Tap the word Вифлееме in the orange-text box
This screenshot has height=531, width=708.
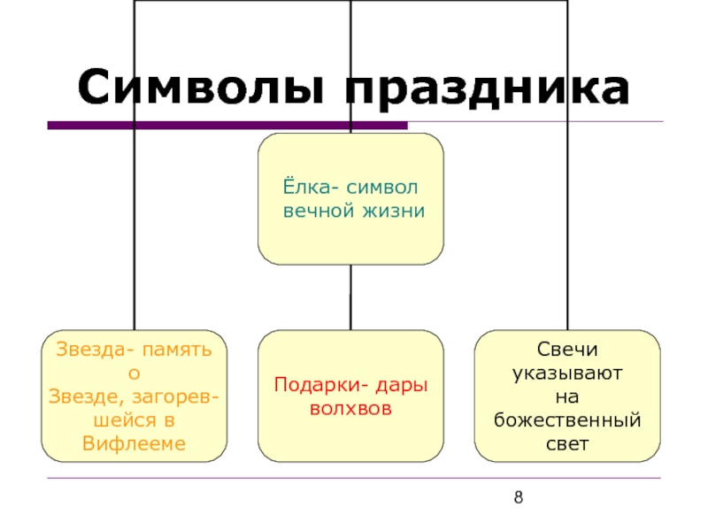(134, 442)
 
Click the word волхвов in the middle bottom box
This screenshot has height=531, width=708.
(350, 409)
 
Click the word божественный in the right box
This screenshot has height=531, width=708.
(567, 419)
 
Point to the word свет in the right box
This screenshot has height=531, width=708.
(567, 442)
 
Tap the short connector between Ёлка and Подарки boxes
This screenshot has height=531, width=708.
(350, 297)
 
